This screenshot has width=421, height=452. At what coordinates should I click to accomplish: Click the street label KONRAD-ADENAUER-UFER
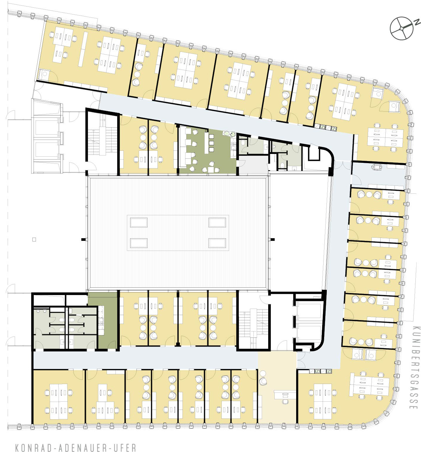click(x=76, y=447)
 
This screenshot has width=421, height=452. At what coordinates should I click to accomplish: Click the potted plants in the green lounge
click(x=229, y=134)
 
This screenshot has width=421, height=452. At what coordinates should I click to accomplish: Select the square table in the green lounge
click(x=211, y=170)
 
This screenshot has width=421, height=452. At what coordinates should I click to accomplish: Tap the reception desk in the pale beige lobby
click(x=285, y=394)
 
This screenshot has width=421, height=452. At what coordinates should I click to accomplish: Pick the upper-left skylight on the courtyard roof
click(x=139, y=222)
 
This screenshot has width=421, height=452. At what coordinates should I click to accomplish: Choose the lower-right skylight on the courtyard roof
click(x=217, y=243)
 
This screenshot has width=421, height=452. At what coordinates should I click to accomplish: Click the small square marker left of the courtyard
click(x=34, y=239)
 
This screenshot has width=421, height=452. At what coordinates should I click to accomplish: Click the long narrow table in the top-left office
click(x=83, y=49)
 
